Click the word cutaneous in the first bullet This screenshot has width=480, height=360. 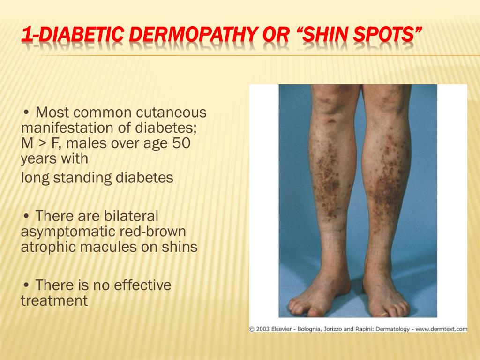[x=171, y=112]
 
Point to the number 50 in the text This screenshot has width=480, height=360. [x=181, y=143]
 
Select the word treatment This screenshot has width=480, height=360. [x=54, y=300]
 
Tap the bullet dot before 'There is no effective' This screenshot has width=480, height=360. [x=26, y=285]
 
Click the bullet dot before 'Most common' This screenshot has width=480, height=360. [x=26, y=112]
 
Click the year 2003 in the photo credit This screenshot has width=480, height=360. [x=262, y=329]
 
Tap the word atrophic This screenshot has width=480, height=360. [x=48, y=247]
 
